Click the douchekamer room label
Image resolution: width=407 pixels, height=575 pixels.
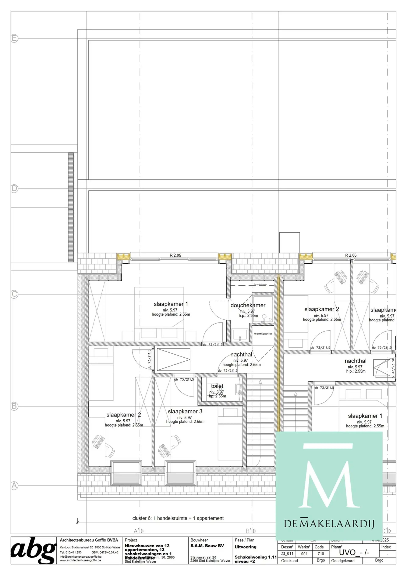click(248, 305)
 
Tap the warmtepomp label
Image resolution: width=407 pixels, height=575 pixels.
click(263, 334)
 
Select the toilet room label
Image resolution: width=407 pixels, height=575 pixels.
click(217, 386)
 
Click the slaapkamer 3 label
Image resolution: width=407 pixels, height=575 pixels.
click(185, 411)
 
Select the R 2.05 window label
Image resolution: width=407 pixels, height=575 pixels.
click(175, 255)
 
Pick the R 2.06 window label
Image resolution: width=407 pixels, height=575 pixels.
click(351, 255)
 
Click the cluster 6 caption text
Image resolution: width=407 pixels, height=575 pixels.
click(178, 518)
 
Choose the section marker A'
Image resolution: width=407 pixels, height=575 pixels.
click(138, 531)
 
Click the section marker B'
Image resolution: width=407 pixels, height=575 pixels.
click(251, 531)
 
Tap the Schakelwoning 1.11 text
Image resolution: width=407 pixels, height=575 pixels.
click(255, 557)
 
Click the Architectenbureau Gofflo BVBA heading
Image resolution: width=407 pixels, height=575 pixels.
click(89, 540)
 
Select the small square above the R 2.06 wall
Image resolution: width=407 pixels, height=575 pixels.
click(289, 242)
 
